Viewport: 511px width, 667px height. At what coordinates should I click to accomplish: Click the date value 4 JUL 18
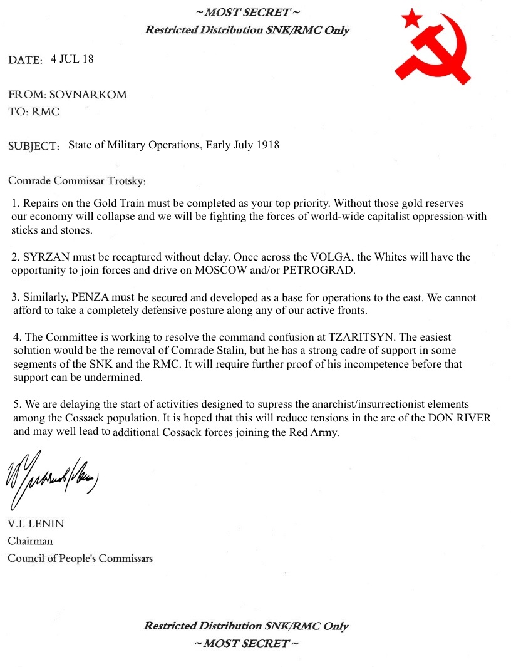(72, 59)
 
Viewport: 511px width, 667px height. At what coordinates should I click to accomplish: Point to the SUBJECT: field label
(34, 147)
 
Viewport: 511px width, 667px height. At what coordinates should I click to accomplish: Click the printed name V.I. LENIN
(36, 524)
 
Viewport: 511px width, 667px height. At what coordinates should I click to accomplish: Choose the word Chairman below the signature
(30, 540)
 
